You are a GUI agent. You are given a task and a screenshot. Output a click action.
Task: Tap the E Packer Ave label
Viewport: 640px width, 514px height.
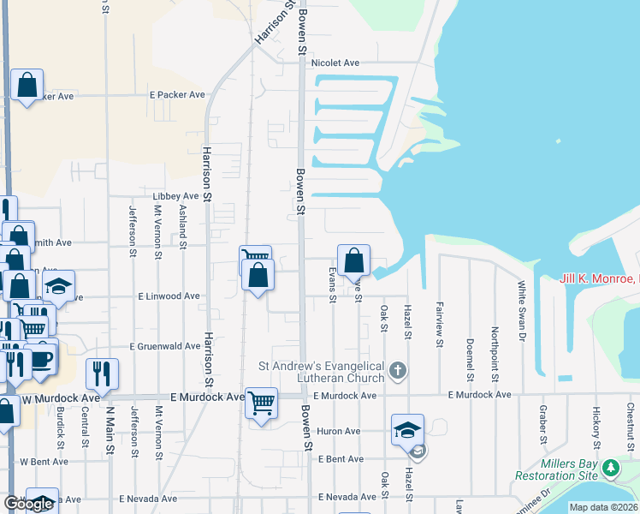(177, 95)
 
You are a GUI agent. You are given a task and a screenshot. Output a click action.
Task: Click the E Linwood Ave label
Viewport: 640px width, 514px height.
(169, 296)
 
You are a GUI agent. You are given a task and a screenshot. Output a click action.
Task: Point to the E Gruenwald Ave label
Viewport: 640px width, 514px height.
(165, 347)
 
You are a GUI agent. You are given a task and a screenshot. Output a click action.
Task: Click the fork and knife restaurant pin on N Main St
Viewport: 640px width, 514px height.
(101, 373)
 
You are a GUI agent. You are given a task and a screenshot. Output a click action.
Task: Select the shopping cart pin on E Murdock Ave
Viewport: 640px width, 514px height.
(261, 402)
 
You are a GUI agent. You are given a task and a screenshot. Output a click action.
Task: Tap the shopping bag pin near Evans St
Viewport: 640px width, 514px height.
(353, 260)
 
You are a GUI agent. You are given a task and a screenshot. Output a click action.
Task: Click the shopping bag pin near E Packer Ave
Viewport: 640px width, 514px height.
(27, 85)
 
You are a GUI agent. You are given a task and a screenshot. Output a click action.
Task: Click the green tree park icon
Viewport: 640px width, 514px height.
(610, 468)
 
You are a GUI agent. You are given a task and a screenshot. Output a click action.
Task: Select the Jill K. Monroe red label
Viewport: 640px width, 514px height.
(599, 279)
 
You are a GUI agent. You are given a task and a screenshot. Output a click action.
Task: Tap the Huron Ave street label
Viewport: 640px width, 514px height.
(339, 432)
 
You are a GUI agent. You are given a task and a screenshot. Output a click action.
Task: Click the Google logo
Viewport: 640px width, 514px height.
(28, 504)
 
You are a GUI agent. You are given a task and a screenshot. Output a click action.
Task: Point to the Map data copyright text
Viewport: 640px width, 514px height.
(603, 507)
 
